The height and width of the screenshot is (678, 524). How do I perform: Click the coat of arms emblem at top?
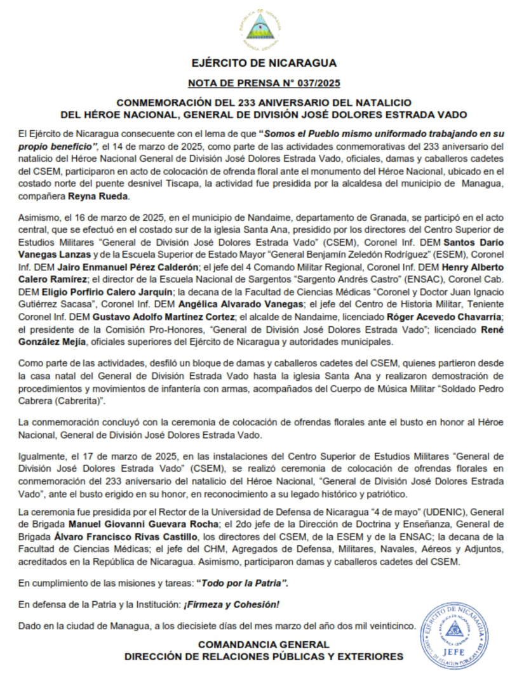262,29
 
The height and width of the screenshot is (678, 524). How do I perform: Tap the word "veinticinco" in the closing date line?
389,625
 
